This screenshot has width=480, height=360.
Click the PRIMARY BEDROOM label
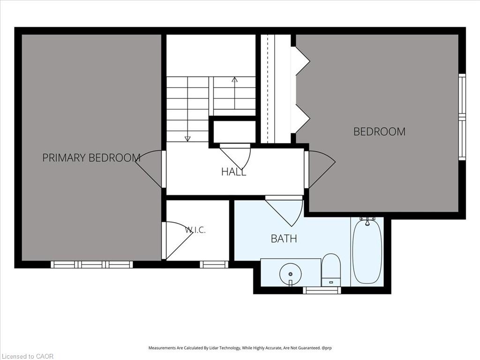91,157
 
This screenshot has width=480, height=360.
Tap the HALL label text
233,172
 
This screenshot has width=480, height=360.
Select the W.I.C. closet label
195,230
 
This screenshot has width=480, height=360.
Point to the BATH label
284,239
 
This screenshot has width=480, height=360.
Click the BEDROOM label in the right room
379,131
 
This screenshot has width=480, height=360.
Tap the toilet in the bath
331,270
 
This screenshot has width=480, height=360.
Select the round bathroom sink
291,274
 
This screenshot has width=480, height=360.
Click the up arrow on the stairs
234,93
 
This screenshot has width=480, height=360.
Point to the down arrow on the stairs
187,126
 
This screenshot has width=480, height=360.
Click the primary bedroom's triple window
91,264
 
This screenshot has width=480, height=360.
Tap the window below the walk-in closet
214,264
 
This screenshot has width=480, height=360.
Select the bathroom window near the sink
322,290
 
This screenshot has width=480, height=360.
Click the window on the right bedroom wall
462,117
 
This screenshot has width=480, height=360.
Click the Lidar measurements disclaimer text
240,348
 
